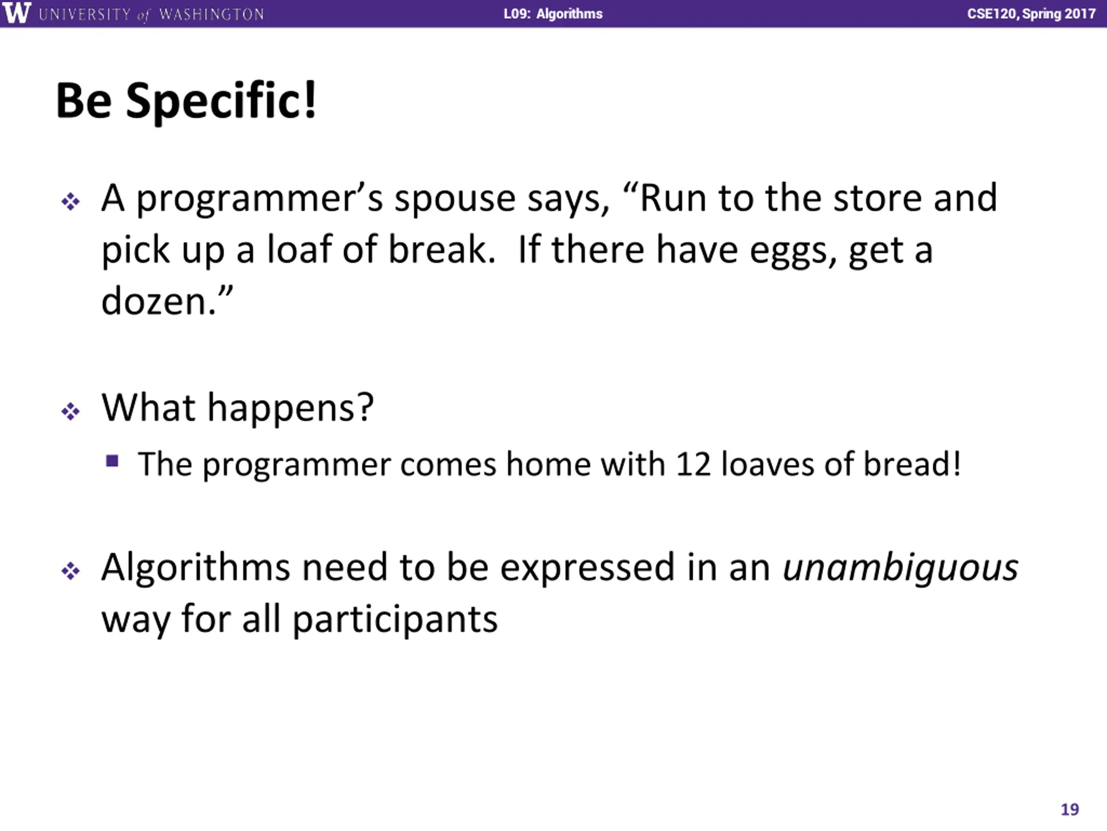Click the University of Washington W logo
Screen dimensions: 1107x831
pos(17,13)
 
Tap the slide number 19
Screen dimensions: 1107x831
pos(1069,809)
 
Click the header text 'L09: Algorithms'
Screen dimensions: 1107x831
pos(553,13)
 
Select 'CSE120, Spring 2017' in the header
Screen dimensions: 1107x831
pos(1031,13)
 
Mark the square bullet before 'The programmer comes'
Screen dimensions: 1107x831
pos(112,461)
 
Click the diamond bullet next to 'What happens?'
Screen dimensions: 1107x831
pos(70,412)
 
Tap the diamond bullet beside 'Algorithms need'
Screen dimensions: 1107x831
pos(70,571)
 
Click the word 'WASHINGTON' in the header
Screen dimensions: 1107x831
pos(211,14)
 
